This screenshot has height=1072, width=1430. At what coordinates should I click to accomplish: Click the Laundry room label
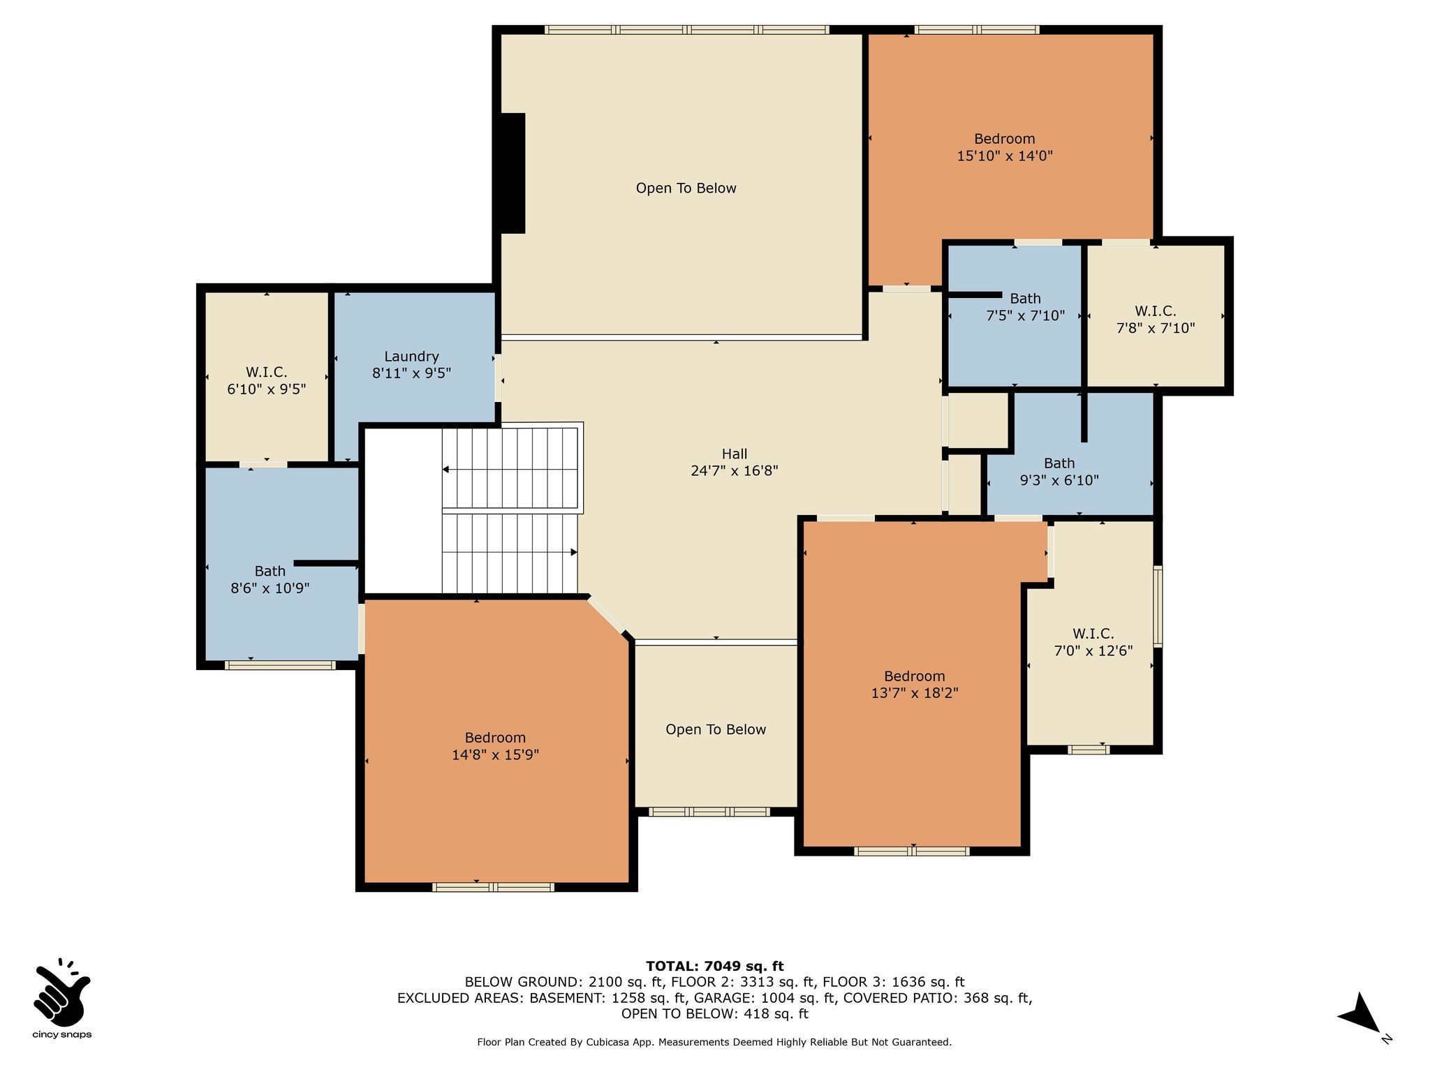(411, 356)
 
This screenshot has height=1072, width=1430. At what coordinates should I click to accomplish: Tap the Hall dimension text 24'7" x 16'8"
(735, 470)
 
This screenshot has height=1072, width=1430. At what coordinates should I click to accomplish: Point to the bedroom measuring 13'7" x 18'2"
(914, 685)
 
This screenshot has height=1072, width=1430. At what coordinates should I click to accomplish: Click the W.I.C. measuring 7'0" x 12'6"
(1093, 642)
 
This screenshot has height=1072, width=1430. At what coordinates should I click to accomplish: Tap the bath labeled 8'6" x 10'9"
(270, 579)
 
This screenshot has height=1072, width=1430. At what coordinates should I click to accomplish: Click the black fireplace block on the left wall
(513, 173)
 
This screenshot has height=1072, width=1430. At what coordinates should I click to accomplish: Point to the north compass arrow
(1359, 1013)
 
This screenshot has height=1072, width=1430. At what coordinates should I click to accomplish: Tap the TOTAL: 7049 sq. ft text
(714, 966)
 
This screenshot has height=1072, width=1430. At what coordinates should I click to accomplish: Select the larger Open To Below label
(686, 188)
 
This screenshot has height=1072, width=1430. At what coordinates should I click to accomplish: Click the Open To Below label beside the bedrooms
(716, 729)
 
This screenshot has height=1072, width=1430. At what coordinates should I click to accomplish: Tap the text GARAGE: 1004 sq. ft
(765, 998)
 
